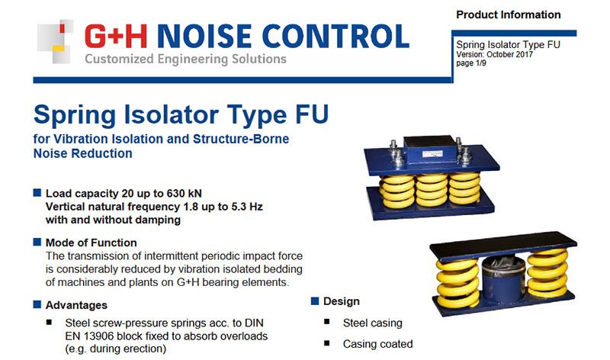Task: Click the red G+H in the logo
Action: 116,36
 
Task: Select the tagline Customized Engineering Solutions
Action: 185,59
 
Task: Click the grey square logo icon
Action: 55,41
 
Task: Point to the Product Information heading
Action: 508,14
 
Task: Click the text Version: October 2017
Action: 494,54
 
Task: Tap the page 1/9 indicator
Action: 471,63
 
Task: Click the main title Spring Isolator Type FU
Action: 181,115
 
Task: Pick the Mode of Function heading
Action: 91,243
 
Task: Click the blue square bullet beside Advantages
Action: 37,304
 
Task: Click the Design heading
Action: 341,301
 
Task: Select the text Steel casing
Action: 372,323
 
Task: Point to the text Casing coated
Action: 377,344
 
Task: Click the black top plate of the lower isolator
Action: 503,246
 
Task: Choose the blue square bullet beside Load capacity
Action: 37,193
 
